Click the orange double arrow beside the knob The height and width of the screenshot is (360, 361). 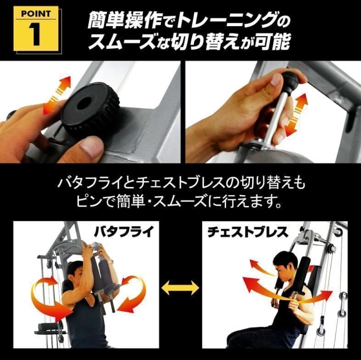click(57, 96)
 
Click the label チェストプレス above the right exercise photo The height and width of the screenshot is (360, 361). click(248, 231)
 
